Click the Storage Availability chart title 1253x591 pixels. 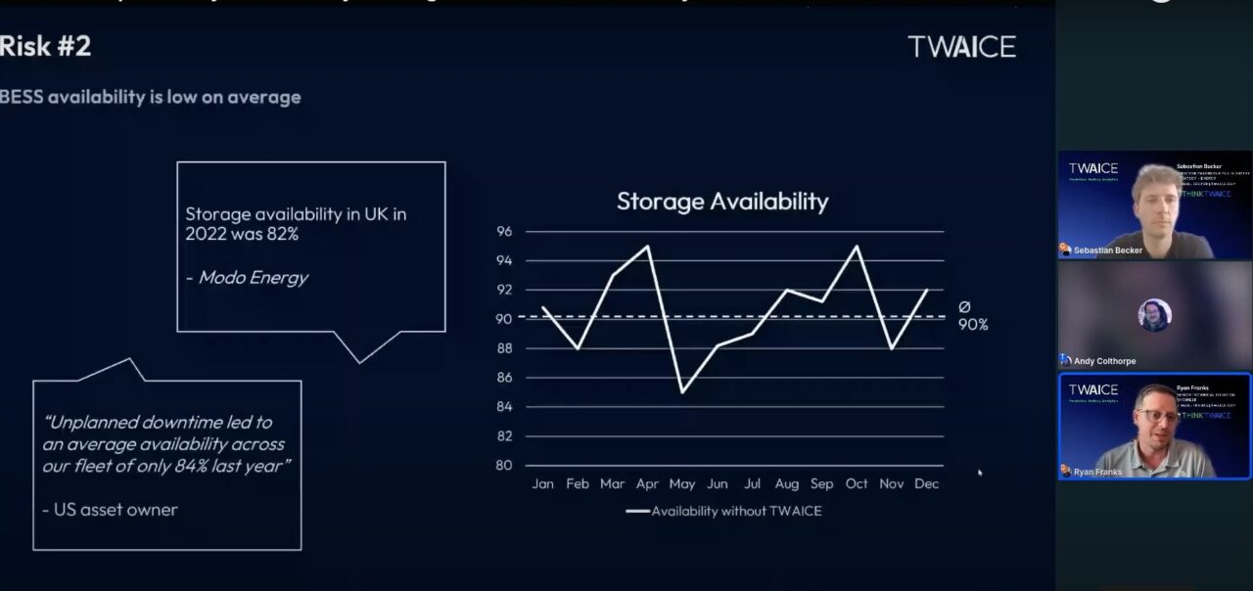point(722,202)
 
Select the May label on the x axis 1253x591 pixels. point(681,484)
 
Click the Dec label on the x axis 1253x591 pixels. point(926,484)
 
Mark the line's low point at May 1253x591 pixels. point(682,392)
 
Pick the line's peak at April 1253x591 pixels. point(648,246)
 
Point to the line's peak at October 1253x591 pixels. point(858,246)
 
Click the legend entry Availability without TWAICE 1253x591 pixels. point(723,511)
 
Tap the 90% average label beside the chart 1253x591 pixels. point(973,324)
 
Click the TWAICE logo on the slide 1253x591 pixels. point(961,46)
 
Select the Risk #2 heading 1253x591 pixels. point(46,46)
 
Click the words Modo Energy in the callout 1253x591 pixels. point(253,278)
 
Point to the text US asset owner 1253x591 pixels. point(110,510)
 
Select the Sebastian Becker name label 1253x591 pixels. point(1107,250)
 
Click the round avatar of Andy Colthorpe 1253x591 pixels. point(1154,315)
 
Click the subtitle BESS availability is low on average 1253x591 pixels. point(151,97)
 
